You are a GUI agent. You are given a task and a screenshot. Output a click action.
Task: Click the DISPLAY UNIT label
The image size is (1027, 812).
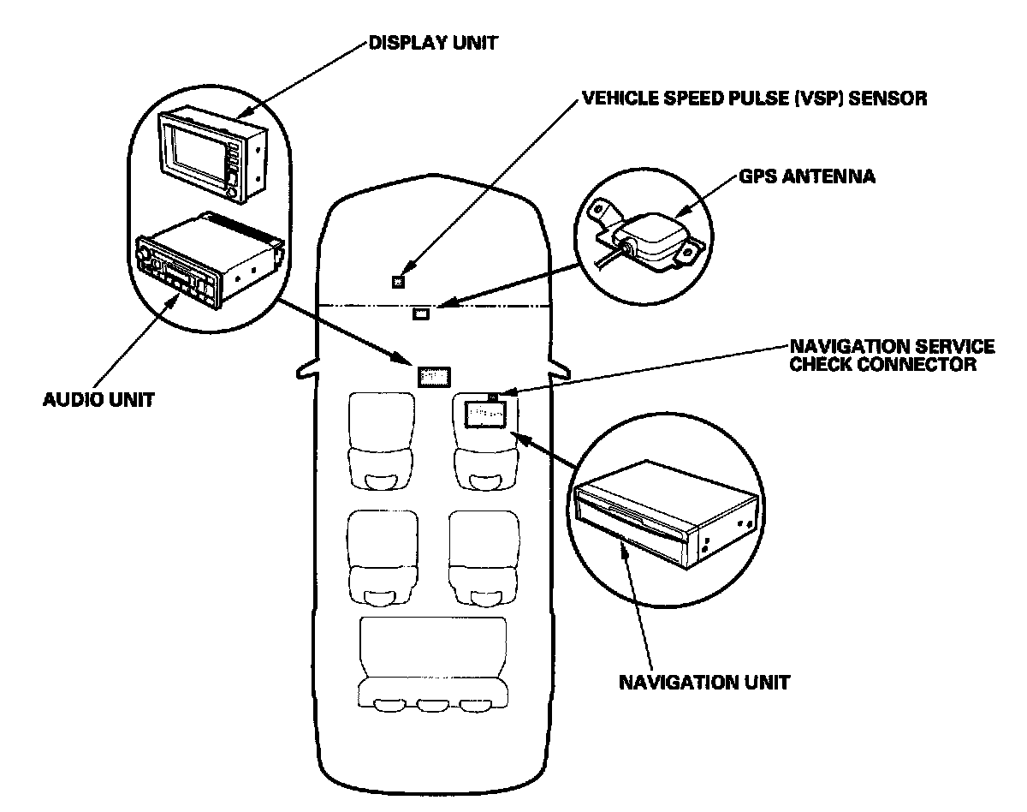point(433,43)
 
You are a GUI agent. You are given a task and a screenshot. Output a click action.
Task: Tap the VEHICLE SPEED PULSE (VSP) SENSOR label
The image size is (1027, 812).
point(754,99)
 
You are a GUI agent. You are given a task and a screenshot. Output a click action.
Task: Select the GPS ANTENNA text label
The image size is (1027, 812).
point(806,178)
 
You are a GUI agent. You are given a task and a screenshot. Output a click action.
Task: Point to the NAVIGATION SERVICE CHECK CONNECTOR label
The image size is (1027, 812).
point(891,355)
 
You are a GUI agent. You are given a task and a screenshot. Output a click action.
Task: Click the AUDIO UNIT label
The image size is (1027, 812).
point(98,399)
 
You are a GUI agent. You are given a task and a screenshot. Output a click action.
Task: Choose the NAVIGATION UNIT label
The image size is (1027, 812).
point(704,683)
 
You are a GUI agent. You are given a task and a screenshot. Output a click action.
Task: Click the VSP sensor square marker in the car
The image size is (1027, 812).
point(398,280)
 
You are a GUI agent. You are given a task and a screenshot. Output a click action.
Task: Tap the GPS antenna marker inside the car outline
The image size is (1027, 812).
point(421,313)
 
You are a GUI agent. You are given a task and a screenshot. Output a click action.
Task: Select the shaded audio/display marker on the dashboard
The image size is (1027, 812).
point(434,376)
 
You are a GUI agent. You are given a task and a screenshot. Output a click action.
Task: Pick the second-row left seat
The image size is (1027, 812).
point(383,558)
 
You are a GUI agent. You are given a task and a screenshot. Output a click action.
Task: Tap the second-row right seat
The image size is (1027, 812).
point(484,558)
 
